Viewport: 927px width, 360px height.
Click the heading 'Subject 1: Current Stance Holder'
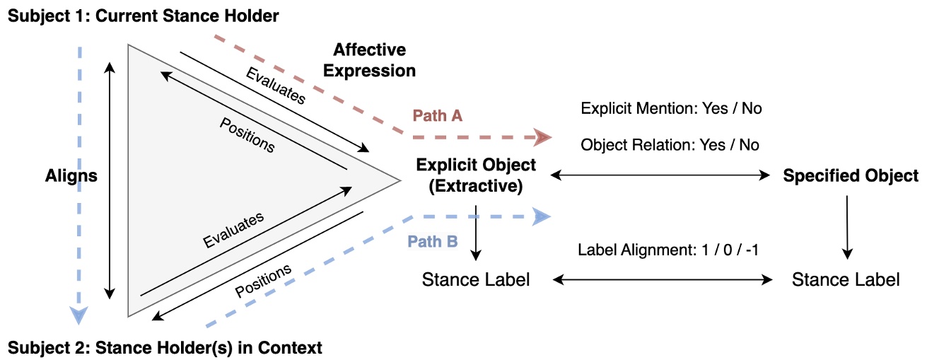point(144,15)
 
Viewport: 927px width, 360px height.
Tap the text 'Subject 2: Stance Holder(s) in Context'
point(165,347)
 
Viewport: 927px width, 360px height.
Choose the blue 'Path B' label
point(433,241)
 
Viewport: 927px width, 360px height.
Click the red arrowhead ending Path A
point(543,137)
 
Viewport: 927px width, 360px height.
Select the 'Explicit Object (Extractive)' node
point(476,175)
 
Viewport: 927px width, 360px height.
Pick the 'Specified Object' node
point(851,175)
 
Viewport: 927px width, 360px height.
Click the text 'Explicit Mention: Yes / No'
point(671,109)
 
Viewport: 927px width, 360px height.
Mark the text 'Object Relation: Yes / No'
point(670,145)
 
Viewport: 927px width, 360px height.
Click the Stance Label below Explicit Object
point(475,279)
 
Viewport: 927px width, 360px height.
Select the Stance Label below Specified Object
point(846,279)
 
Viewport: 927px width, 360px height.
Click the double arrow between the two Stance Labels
point(663,280)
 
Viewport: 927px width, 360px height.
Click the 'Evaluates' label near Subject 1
point(276,86)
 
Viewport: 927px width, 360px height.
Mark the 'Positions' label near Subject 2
point(262,281)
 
